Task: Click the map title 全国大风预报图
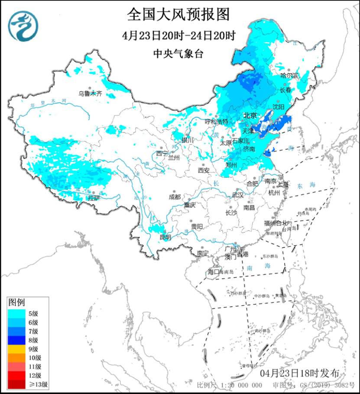click(178, 15)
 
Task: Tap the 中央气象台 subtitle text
click(178, 54)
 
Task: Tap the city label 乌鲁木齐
click(90, 93)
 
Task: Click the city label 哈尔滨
click(289, 75)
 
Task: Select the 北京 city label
click(250, 116)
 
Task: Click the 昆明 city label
click(165, 237)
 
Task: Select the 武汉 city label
click(238, 195)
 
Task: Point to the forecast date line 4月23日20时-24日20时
click(178, 36)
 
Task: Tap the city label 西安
click(204, 170)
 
